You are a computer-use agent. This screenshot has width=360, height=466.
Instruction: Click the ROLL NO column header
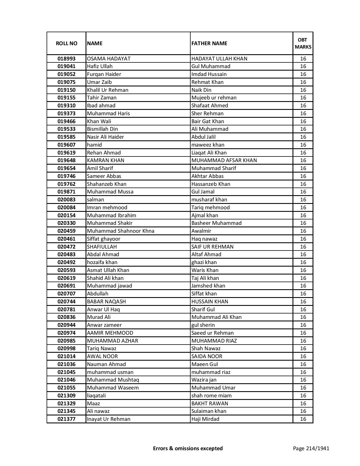click(x=66, y=43)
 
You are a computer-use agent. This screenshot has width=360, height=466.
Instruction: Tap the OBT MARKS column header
click(x=303, y=43)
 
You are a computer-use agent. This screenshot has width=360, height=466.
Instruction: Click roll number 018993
click(x=66, y=59)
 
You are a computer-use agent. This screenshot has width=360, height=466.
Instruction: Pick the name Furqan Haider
click(x=104, y=74)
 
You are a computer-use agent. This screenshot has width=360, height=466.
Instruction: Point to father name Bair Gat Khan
click(x=208, y=121)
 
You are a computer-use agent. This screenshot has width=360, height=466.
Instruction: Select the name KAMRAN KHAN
click(x=106, y=160)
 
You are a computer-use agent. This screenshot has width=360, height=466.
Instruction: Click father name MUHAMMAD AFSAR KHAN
click(x=224, y=160)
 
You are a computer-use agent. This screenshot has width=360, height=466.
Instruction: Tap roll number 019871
click(x=66, y=192)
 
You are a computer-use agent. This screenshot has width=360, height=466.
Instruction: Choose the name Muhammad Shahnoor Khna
click(x=121, y=231)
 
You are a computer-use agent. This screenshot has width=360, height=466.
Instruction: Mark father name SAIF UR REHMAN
click(x=212, y=247)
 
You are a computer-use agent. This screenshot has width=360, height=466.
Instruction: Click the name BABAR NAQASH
click(x=106, y=302)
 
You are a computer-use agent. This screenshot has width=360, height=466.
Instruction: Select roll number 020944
click(x=66, y=325)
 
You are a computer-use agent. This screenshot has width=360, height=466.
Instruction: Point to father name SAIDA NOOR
click(x=207, y=356)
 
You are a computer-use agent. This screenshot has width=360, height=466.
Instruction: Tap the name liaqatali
click(x=96, y=396)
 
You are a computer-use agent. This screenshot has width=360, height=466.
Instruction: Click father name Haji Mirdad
click(x=205, y=419)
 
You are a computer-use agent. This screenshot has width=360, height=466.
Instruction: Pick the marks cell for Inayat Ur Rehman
click(x=303, y=419)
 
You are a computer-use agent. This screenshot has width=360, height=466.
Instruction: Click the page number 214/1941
click(x=311, y=448)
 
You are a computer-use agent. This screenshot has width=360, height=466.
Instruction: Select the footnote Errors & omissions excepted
click(x=188, y=448)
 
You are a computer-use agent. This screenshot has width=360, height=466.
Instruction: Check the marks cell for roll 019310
click(x=303, y=106)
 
